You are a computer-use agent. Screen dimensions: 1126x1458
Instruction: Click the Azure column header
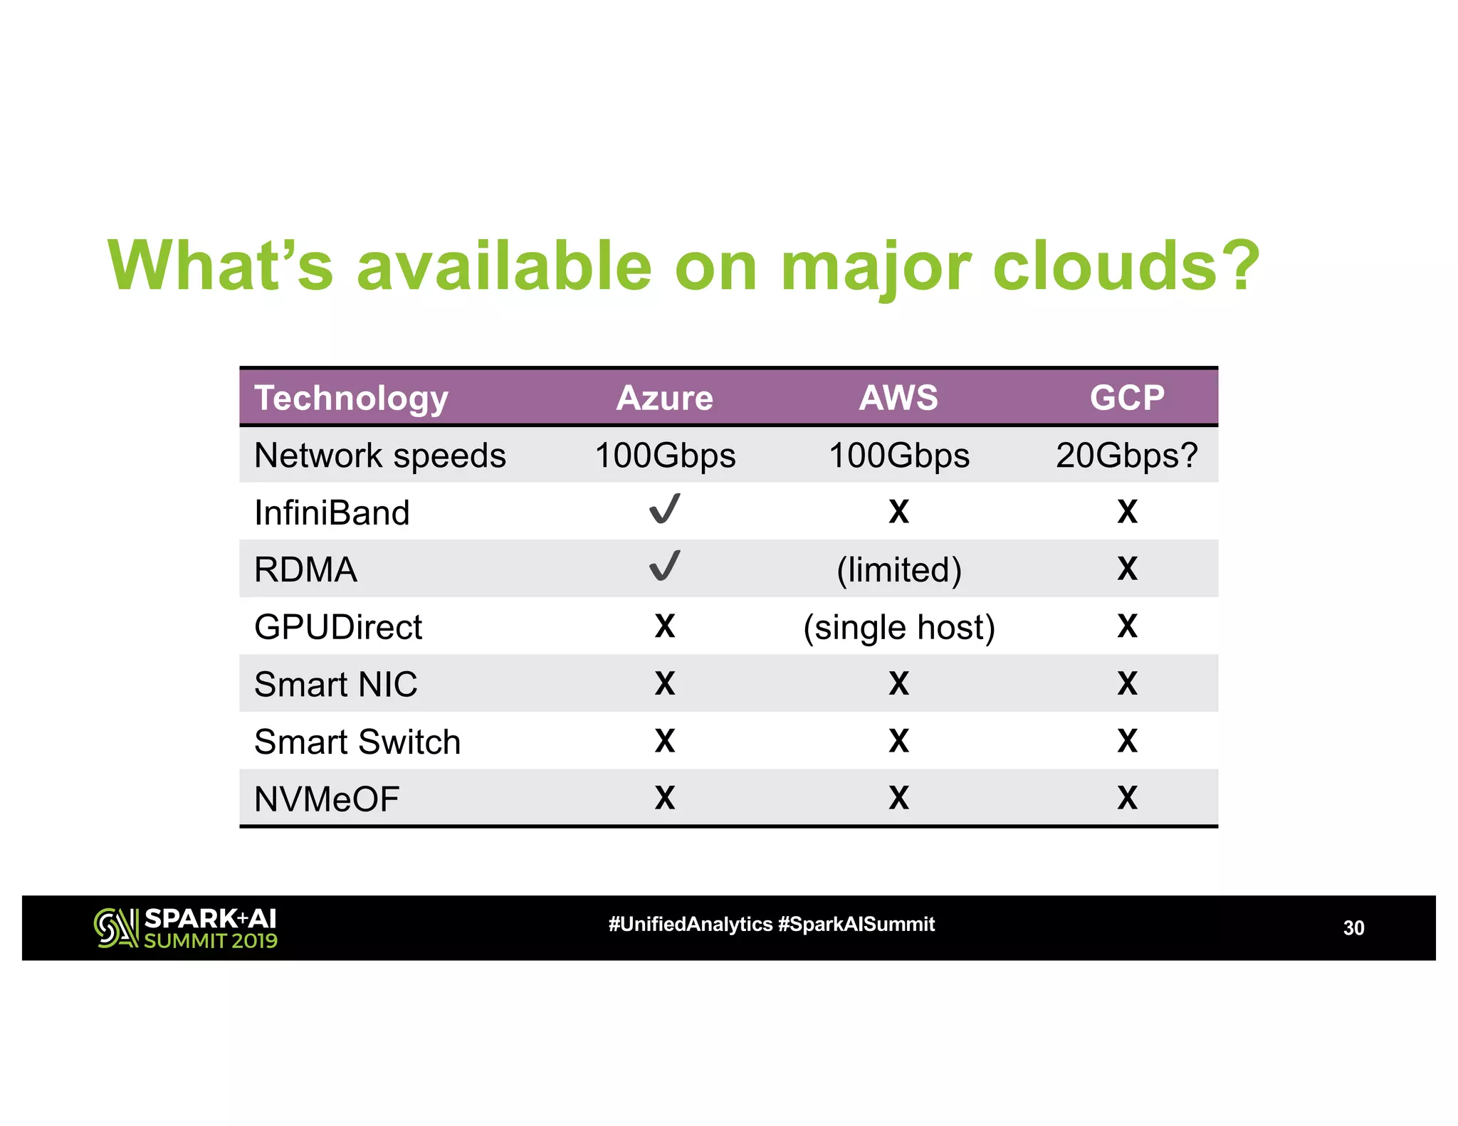point(664,398)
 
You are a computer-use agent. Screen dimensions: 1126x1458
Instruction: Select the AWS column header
point(898,398)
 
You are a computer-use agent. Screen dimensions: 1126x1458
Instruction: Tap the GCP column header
point(1126,398)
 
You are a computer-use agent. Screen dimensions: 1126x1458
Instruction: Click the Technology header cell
point(351,398)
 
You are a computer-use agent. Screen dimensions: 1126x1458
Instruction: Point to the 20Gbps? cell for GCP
point(1126,456)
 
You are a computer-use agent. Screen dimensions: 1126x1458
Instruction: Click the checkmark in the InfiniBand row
point(665,510)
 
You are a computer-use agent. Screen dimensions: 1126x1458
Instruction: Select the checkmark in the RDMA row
point(665,567)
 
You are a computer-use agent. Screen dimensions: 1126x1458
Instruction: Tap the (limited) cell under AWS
point(898,570)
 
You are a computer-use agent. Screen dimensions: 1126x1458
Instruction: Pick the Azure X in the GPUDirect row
point(664,626)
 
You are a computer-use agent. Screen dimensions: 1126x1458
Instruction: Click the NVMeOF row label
point(327,799)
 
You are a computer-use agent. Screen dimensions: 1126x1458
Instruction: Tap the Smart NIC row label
point(335,685)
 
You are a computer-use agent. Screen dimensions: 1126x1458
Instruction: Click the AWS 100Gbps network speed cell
point(898,456)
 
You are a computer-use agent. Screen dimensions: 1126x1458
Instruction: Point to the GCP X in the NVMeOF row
point(1126,798)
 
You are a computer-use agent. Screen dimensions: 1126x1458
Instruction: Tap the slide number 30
point(1353,928)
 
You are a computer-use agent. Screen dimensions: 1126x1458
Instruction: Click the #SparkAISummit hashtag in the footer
point(856,925)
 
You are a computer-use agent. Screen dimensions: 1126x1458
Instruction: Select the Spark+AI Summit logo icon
point(115,928)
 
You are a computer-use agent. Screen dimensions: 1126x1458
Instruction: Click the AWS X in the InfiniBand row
point(898,512)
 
